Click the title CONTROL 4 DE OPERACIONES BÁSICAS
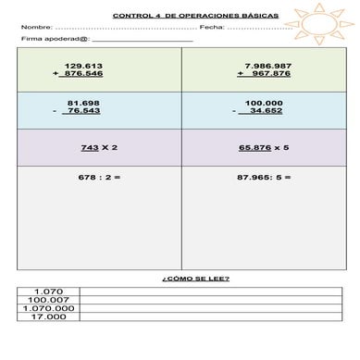point(181,15)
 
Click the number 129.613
point(84,65)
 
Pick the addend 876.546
point(83,73)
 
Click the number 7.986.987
point(268,65)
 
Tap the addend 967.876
point(269,73)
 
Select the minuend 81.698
point(83,102)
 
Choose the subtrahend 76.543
point(83,110)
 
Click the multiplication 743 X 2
point(99,147)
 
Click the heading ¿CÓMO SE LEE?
point(182,279)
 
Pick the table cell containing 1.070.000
point(47,308)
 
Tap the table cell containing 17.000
point(47,317)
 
